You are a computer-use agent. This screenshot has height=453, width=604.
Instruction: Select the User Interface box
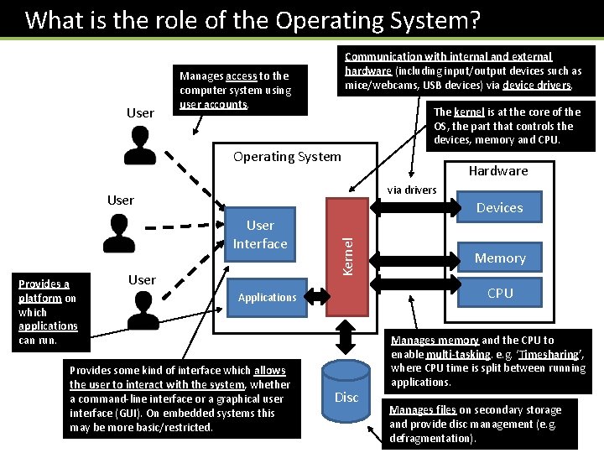point(260,235)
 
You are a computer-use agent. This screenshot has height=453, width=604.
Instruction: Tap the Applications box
point(267,297)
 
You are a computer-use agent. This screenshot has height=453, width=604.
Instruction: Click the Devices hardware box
point(499,208)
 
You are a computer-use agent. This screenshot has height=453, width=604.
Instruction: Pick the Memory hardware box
point(500,258)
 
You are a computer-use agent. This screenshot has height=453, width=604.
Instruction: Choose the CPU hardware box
point(500,293)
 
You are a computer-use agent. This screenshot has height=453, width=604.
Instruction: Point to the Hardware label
point(498,171)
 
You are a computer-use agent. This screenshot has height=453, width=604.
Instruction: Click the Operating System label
point(287,156)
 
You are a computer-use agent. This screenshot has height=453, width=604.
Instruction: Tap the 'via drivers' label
point(412,190)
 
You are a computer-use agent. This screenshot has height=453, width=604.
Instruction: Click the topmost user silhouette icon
point(138,145)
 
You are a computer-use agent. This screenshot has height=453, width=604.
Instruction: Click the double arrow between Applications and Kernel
point(319,295)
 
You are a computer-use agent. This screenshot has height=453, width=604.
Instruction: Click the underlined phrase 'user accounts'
point(213,105)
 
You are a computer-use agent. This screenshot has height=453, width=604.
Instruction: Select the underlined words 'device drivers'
point(537,85)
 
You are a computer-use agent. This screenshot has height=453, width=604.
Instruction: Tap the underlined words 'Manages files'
point(423,410)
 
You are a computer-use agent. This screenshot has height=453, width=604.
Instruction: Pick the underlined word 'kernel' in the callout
point(469,112)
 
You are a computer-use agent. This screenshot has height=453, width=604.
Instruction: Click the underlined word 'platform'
point(41,298)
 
